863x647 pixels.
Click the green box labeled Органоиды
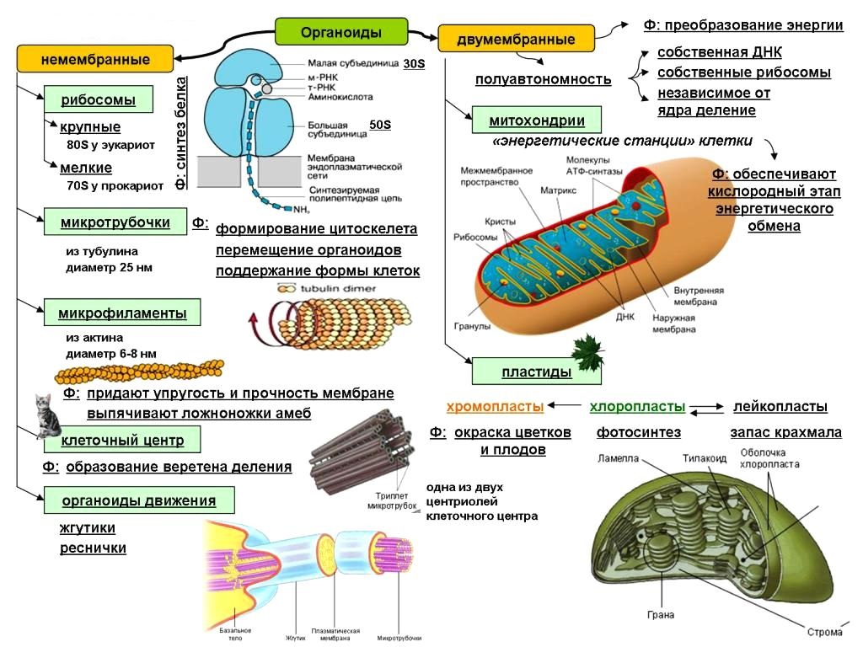[341, 33]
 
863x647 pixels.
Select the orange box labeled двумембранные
[516, 40]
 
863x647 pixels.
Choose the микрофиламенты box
[122, 313]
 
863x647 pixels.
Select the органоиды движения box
[138, 501]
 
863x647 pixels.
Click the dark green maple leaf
[586, 352]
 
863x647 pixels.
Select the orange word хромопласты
[495, 407]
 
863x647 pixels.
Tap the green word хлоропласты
[637, 407]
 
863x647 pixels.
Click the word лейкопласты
[780, 407]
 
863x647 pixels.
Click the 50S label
[381, 126]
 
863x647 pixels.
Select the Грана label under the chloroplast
[661, 615]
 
